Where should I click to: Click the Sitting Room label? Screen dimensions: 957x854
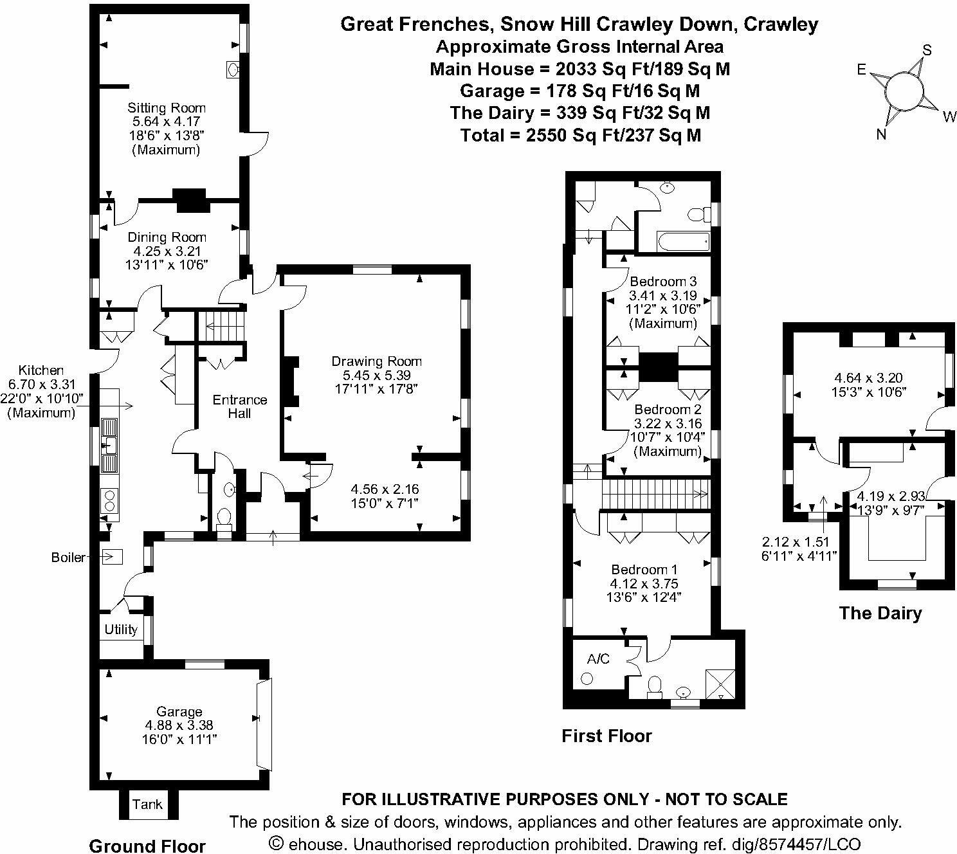point(167,108)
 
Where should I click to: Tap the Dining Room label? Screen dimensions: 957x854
point(167,237)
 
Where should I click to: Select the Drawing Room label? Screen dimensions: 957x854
point(376,361)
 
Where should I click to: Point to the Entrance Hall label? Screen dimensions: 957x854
point(240,406)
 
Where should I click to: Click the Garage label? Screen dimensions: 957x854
point(179,711)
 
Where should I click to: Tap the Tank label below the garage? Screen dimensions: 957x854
point(147,804)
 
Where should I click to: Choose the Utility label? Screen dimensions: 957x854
point(121,630)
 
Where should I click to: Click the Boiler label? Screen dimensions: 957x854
point(68,558)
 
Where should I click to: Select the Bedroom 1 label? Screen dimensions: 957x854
point(644,570)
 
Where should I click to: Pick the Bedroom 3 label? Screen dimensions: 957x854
point(663,282)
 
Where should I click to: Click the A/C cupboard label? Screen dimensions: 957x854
point(597,659)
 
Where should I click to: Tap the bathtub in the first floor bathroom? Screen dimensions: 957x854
point(683,242)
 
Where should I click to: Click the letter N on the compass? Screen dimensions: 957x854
point(882,134)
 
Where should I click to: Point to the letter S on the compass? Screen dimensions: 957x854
point(927,50)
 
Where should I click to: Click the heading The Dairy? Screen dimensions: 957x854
point(880,613)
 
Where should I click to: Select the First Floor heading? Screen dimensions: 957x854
point(606,736)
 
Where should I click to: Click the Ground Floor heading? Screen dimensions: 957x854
point(147,846)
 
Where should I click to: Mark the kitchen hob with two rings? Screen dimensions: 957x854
point(110,500)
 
